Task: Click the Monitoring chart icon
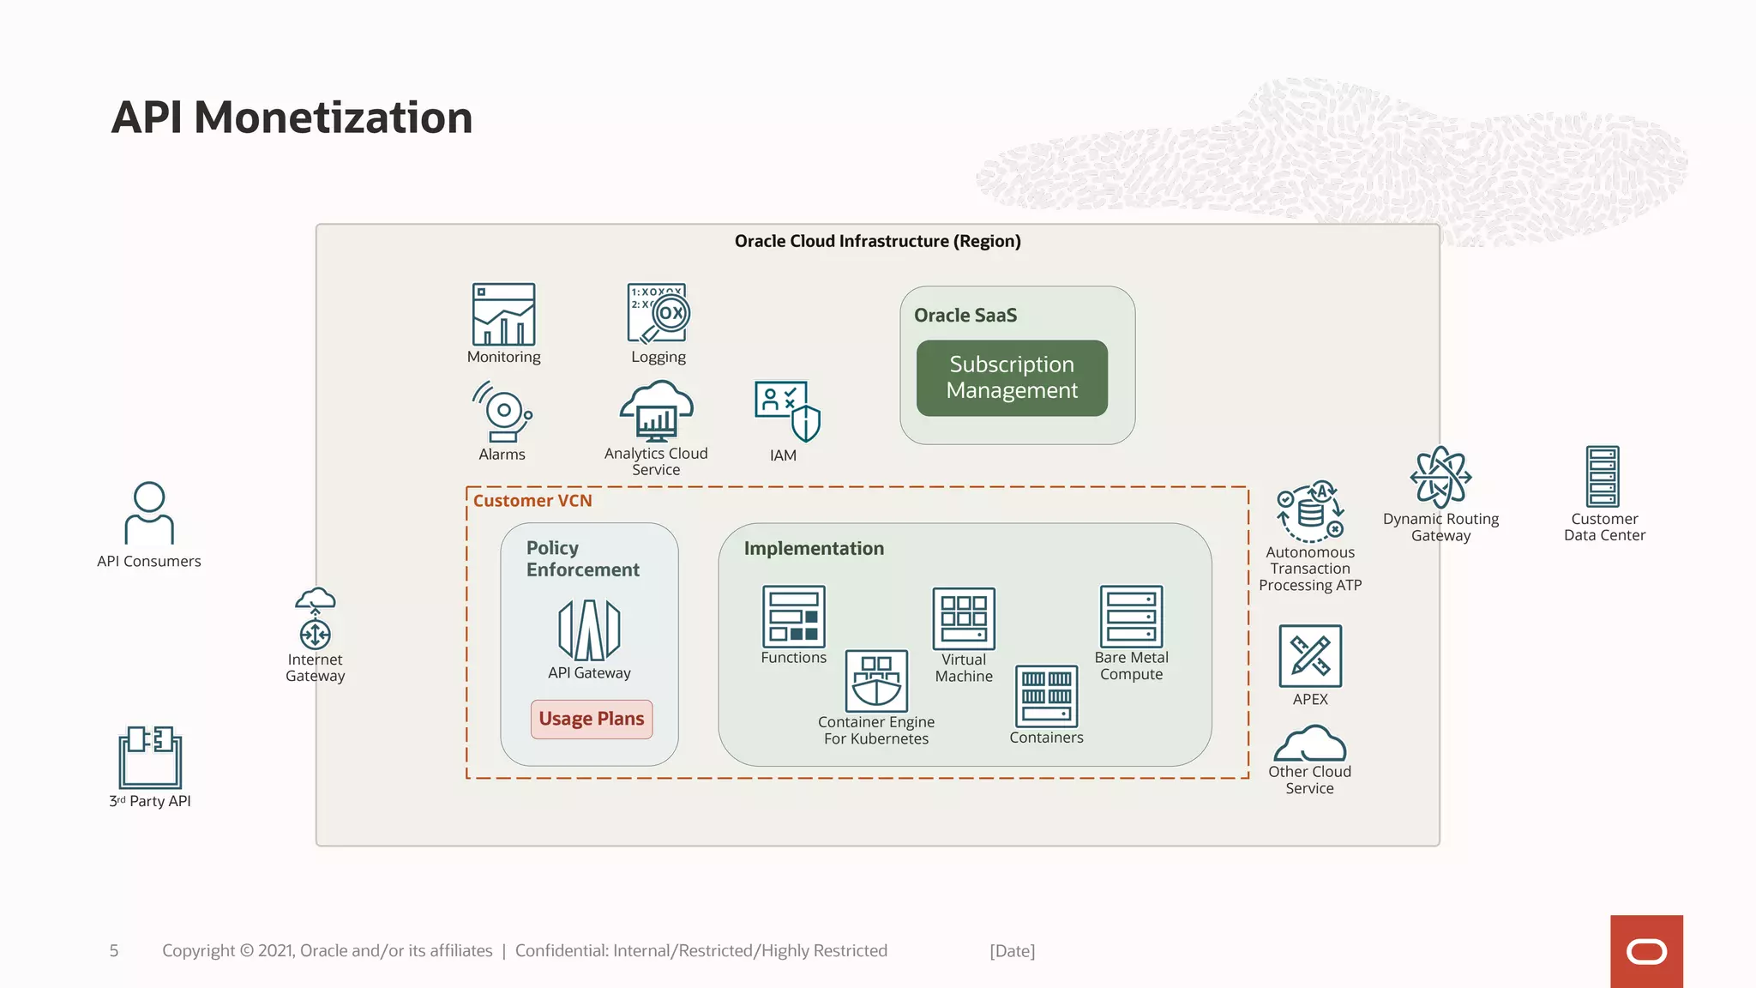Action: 503,314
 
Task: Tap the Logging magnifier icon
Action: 658,314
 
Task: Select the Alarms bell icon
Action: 502,413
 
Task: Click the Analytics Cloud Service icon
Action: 657,411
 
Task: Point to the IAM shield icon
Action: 786,411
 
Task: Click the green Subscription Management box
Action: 1012,378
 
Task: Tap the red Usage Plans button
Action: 592,719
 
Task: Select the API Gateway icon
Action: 589,630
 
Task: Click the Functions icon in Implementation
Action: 794,616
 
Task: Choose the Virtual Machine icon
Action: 964,618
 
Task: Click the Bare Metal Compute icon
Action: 1131,616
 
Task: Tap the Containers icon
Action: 1046,696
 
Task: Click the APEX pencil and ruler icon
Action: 1310,656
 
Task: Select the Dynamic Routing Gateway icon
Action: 1440,477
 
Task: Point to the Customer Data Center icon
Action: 1603,477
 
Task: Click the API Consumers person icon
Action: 149,513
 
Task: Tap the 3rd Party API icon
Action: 150,756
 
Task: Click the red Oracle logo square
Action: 1646,951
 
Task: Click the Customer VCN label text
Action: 532,501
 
